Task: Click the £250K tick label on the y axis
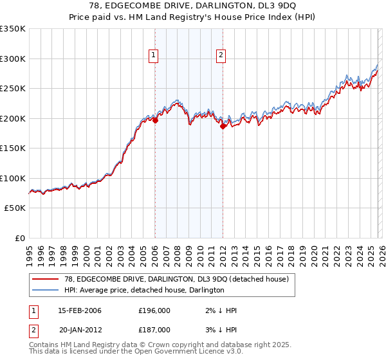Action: click(13, 89)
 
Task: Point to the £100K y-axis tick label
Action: click(13, 178)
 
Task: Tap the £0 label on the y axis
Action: click(19, 238)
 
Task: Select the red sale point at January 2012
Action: click(223, 126)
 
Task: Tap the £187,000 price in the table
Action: click(154, 329)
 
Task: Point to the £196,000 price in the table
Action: click(154, 310)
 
